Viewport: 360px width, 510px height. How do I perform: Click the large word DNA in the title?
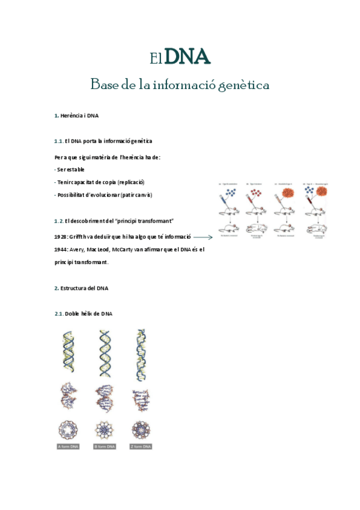187,57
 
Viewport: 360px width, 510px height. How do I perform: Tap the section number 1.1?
58,141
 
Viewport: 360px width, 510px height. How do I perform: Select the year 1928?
61,237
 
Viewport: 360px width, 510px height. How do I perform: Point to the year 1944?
61,250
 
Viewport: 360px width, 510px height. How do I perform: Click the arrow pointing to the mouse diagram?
203,238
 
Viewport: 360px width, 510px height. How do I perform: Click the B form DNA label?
105,446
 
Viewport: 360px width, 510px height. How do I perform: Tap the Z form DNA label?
141,446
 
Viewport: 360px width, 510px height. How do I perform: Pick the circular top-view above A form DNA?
69,429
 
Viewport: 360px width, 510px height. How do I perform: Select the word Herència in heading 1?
71,115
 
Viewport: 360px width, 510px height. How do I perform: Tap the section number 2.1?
58,314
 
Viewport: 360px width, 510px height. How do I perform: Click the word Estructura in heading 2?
73,288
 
